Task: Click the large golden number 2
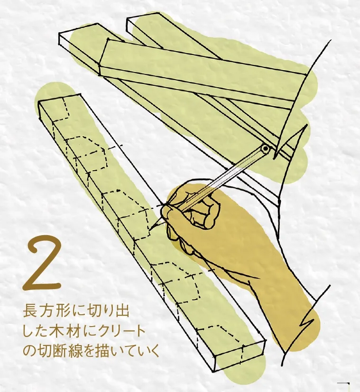pos(43,264)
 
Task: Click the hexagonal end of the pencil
pos(265,149)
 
